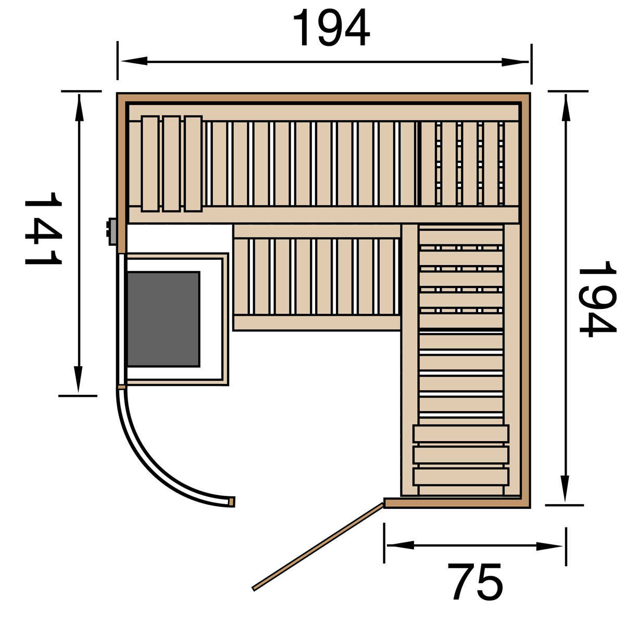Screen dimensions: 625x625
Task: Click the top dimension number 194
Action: tap(331, 29)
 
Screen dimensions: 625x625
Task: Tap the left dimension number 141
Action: tap(43, 228)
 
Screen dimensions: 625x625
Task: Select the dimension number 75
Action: tap(477, 581)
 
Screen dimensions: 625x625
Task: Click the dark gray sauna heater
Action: tap(163, 318)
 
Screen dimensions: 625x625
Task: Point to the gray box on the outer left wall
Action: tap(111, 231)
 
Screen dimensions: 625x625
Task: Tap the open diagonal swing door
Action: tap(318, 546)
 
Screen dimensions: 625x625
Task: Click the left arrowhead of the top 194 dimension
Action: tap(133, 61)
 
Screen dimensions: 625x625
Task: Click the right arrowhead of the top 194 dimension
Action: tap(516, 62)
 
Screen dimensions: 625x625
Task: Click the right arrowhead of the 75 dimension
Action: tap(550, 546)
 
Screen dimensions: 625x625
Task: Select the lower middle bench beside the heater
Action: tap(317, 277)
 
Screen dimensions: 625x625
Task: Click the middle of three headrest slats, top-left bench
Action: tap(171, 164)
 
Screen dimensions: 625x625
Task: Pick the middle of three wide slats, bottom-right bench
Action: tap(461, 455)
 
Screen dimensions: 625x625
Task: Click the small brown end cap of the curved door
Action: tap(232, 502)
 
